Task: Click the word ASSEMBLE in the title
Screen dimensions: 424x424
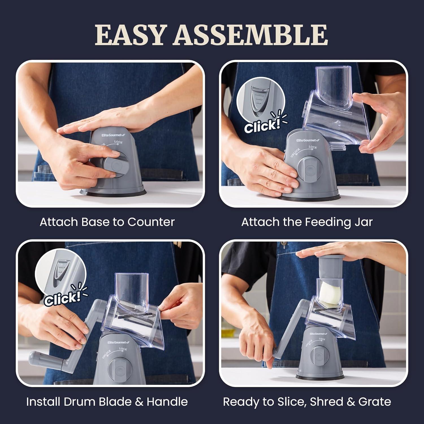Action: pos(250,35)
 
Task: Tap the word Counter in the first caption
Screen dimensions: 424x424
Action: pos(151,222)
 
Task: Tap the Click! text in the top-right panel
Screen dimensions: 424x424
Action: pos(262,126)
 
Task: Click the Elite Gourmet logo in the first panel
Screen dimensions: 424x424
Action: pos(113,135)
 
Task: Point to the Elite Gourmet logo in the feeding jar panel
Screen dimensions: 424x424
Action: pos(308,140)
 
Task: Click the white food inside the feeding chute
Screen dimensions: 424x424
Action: pos(330,295)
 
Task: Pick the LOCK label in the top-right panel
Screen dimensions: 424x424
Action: pos(313,147)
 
